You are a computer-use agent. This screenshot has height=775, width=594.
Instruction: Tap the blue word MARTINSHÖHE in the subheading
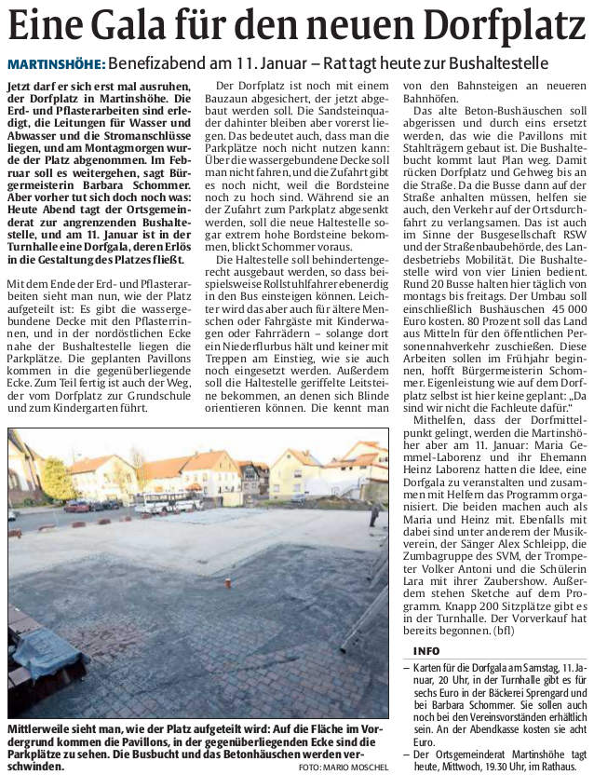(x=55, y=65)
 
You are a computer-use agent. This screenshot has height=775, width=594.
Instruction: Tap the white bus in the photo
(x=168, y=504)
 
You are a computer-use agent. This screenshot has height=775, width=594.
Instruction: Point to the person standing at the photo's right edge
(x=374, y=513)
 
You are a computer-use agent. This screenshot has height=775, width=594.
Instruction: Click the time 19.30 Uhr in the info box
(x=486, y=764)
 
